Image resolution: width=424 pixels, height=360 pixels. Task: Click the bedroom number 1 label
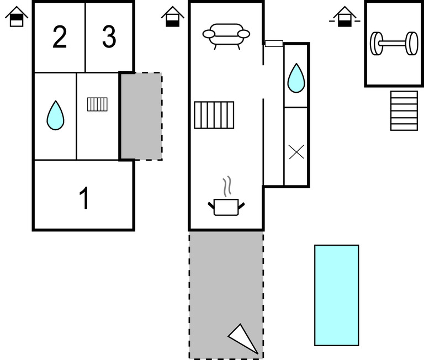(x=84, y=199)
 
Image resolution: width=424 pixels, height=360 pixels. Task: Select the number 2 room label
(x=60, y=37)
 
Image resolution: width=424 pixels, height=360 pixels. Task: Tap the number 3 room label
(x=109, y=37)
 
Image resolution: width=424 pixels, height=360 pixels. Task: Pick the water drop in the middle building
(x=296, y=78)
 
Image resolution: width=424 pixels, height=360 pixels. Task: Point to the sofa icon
(x=226, y=35)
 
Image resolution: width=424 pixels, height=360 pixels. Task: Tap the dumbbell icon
(x=394, y=44)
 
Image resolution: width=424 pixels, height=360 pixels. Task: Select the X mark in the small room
(x=296, y=152)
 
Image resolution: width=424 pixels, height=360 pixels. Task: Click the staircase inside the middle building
(x=214, y=115)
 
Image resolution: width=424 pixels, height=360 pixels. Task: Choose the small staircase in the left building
(x=98, y=104)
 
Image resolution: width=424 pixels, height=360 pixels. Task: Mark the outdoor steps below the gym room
(x=404, y=110)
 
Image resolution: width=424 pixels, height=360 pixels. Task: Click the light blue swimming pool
(x=337, y=295)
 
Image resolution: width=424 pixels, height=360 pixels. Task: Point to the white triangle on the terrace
(x=244, y=338)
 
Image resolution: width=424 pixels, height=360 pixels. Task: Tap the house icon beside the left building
(x=17, y=17)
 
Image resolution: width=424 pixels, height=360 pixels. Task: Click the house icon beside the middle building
(x=173, y=17)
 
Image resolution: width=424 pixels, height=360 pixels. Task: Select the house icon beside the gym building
(x=345, y=17)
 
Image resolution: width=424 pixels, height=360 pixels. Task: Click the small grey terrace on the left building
(x=141, y=116)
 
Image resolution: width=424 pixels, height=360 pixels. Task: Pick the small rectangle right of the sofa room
(x=274, y=44)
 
